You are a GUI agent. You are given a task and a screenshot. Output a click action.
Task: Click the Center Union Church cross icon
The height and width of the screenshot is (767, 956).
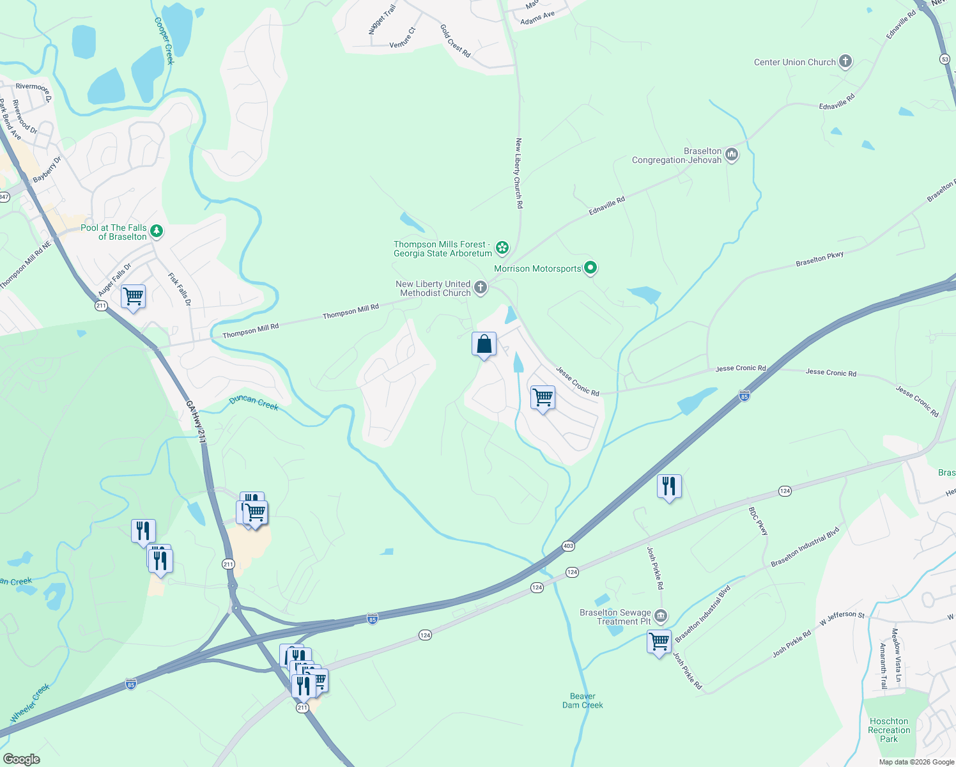point(845,61)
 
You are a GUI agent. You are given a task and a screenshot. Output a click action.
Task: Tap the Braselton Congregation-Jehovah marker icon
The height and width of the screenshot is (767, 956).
point(732,155)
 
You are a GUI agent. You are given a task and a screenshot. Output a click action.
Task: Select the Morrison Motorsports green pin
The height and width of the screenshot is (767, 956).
point(590,268)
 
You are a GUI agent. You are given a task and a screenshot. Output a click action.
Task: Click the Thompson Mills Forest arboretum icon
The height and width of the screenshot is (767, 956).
point(502,247)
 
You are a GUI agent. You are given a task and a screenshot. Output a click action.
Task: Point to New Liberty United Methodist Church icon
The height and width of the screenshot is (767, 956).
point(481,288)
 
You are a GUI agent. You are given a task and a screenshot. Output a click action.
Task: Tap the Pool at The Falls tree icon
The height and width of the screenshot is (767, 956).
point(156,231)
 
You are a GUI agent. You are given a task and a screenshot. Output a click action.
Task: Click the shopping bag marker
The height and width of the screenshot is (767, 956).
point(484,345)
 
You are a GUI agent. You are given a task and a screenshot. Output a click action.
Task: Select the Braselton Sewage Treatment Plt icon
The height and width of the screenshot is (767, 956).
point(661,616)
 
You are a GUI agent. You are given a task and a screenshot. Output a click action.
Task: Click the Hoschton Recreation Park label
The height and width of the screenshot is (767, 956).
point(888,730)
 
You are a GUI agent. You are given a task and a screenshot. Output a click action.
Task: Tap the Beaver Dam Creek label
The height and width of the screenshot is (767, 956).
point(583,701)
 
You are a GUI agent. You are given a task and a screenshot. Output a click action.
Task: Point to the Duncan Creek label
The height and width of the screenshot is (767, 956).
point(254,402)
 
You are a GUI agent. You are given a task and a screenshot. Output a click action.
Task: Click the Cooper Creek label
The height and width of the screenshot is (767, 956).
point(164,40)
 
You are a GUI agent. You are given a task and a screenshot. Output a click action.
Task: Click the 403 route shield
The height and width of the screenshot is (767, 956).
point(568,546)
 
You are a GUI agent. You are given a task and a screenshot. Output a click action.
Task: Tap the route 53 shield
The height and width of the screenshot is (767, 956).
point(945,59)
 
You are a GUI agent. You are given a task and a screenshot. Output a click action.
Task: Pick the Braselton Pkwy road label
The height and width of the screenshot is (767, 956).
point(819,259)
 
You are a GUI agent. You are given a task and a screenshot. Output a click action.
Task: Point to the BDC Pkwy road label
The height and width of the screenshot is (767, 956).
point(758,520)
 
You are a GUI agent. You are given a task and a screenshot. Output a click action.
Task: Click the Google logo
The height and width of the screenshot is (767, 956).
point(21,759)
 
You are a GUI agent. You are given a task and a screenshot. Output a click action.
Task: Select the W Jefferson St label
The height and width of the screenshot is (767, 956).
point(842,617)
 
